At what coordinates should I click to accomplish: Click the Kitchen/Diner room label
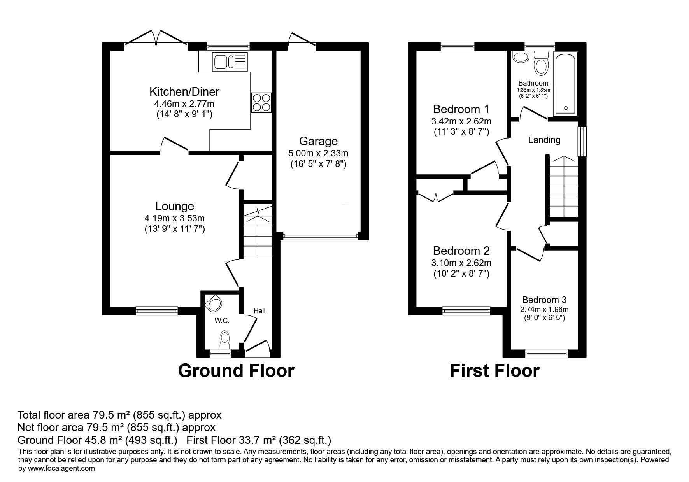184,92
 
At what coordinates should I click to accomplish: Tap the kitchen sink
230,62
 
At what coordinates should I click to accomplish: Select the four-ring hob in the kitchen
261,103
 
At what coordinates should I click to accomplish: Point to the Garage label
318,141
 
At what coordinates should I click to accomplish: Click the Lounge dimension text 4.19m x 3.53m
174,219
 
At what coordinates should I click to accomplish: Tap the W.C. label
222,321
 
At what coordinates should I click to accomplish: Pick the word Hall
259,310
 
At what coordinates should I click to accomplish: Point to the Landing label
544,140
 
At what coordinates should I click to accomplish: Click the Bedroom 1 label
461,109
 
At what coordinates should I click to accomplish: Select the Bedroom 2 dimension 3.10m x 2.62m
461,263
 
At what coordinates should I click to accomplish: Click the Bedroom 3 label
544,300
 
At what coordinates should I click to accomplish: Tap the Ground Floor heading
236,371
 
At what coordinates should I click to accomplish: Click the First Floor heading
495,371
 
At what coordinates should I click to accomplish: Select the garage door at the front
321,236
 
